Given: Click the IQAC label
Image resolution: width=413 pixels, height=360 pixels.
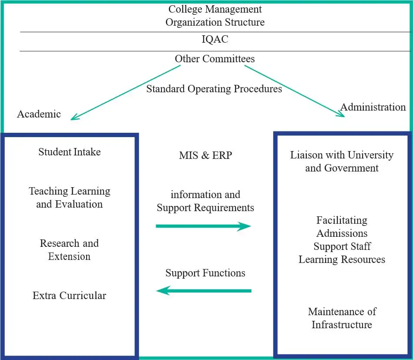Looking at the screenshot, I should (215, 40).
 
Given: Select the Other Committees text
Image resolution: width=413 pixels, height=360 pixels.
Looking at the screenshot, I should (215, 59).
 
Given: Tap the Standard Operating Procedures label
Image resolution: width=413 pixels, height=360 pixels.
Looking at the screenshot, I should (214, 89).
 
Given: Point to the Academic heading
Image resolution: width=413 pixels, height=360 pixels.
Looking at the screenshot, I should (39, 114).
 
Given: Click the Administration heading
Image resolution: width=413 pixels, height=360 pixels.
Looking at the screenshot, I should (373, 107).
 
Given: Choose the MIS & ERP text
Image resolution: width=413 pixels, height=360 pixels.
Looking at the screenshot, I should (205, 155).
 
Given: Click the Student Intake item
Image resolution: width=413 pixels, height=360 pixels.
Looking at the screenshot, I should (70, 152).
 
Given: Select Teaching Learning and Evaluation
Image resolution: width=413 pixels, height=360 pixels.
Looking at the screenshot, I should (70, 198).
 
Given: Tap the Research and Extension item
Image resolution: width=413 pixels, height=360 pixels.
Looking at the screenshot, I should (70, 250).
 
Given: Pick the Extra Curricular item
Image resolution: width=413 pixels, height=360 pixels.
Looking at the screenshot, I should (70, 296).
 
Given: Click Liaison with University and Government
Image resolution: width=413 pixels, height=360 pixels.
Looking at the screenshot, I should (342, 161).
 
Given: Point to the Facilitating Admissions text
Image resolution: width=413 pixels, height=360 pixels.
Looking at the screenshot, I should (342, 227).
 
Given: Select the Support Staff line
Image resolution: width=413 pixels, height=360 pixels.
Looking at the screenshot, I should (342, 246).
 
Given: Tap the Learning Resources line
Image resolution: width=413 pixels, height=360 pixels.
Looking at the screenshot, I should (342, 259).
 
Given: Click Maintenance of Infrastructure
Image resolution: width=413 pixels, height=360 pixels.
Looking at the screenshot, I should (342, 318).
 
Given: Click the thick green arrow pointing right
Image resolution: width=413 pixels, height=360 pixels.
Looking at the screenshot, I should (203, 226).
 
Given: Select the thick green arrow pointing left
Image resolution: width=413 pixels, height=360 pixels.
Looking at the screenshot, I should (203, 290).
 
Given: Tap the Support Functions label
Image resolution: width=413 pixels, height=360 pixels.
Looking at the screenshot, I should (205, 273).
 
